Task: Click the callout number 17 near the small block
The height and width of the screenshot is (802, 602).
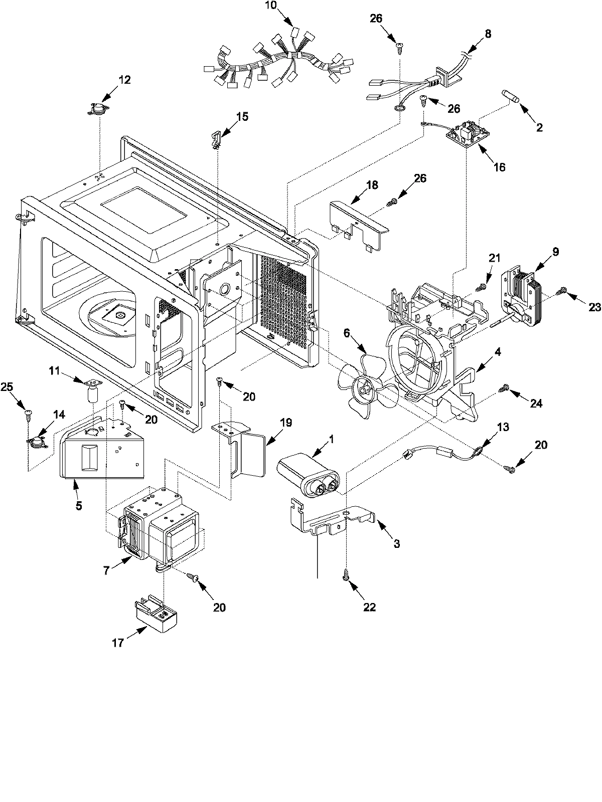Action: coord(117,643)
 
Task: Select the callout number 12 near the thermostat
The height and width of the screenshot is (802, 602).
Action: coord(124,80)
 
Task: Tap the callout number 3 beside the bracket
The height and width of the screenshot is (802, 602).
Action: coord(396,544)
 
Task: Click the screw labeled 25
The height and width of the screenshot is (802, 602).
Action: coord(28,413)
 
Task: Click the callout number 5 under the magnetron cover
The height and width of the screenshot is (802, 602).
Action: coord(79,506)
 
